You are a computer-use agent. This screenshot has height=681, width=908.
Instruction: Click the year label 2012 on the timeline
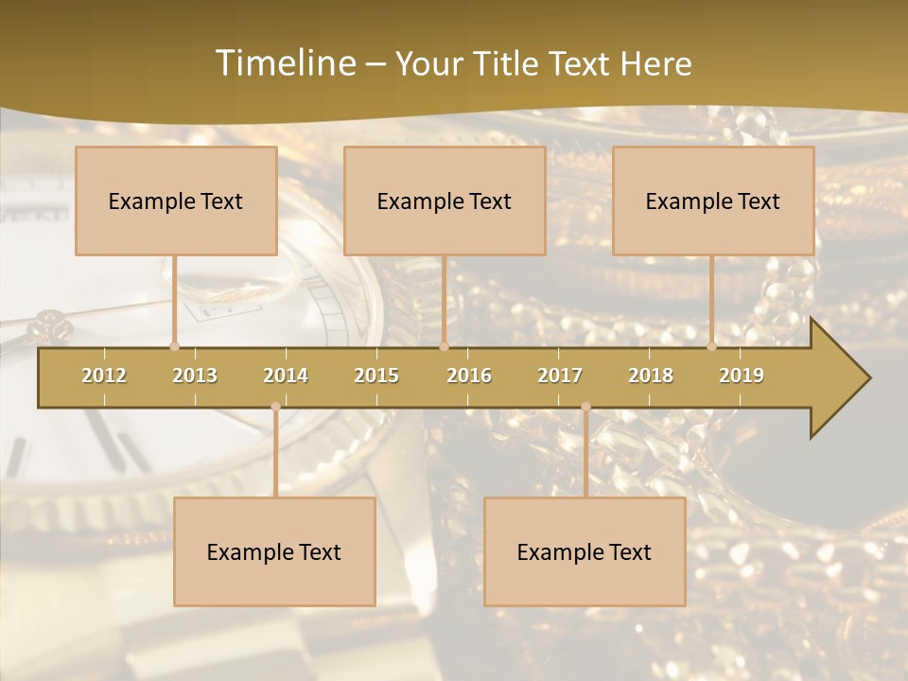pos(104,375)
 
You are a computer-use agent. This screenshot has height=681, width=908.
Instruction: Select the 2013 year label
pos(195,375)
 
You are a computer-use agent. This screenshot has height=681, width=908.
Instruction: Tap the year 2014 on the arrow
pos(286,375)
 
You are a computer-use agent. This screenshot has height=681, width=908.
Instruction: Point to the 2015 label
pos(376,375)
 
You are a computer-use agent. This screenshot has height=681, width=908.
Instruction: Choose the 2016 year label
pos(469,375)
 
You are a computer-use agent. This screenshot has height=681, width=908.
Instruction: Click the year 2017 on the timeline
pos(560,375)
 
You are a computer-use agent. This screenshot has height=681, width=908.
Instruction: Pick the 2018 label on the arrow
pos(651,375)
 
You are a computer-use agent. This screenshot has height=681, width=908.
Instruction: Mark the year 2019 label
pos(742,375)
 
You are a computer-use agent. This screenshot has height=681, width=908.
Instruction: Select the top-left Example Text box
pos(176,201)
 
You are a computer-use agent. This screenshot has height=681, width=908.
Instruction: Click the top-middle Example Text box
pos(445,201)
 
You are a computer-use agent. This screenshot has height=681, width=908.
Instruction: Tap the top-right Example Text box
pos(713,201)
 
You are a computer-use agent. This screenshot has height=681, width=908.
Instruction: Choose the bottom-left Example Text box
pos(274,551)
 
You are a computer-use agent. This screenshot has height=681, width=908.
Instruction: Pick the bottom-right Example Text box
pos(585,551)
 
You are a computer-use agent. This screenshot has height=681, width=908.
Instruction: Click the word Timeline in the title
pos(285,63)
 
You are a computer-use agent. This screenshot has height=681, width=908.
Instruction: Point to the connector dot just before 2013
pos(174,346)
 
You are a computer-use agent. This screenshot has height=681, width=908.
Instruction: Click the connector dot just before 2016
pos(444,346)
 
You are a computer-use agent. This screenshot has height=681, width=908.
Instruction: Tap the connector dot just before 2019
pos(711,346)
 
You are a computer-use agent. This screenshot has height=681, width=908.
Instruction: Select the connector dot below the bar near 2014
pos(275,407)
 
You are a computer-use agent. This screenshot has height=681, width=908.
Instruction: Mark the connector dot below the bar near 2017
pos(585,407)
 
